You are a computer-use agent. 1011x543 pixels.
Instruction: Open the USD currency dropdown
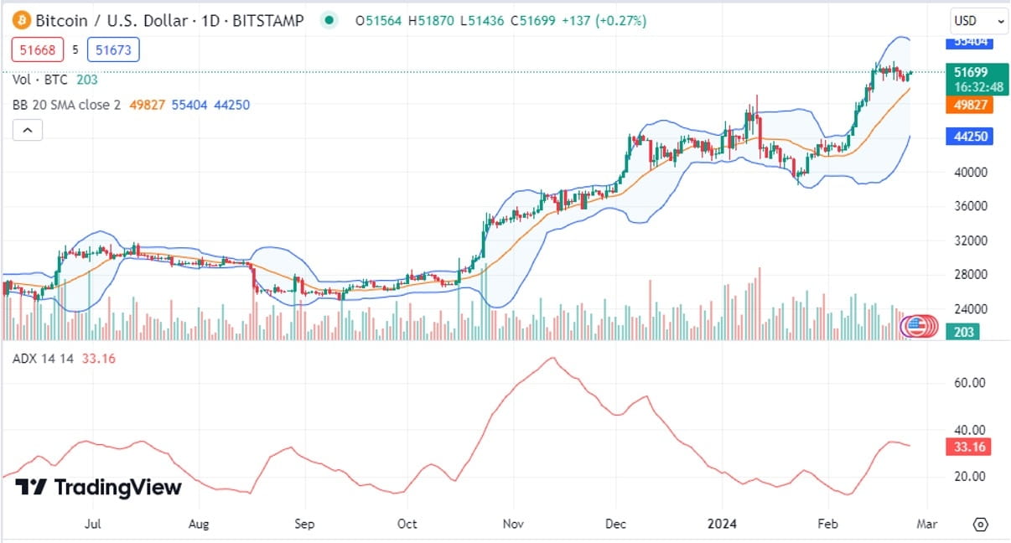978,21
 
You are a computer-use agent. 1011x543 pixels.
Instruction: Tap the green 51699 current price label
968,72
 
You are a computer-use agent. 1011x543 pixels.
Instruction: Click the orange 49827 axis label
968,105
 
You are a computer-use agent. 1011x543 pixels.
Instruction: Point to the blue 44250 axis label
968,136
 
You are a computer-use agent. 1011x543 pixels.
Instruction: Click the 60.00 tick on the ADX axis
969,383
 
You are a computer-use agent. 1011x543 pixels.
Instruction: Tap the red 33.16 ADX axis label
968,447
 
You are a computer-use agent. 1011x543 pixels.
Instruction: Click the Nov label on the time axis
513,524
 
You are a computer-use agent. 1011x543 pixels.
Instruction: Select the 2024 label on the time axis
721,524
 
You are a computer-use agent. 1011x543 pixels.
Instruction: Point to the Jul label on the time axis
93,524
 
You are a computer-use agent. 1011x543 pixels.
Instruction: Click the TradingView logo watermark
99,487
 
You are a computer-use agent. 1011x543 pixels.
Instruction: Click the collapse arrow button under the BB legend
27,130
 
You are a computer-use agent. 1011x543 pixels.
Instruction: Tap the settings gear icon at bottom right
980,525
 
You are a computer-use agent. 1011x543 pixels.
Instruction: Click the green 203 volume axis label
965,332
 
